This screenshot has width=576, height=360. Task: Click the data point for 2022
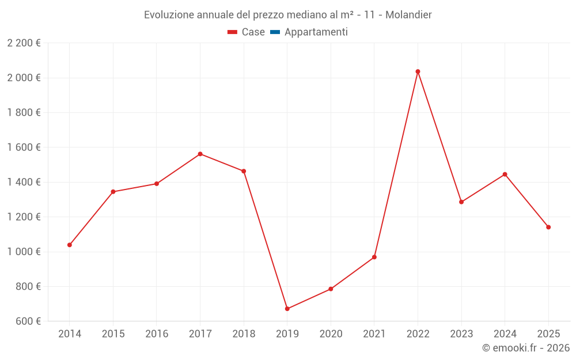(x=418, y=71)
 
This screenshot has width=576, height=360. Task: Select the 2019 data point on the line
(x=287, y=309)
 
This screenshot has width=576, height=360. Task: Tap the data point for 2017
(x=200, y=154)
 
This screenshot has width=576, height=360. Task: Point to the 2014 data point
(x=70, y=245)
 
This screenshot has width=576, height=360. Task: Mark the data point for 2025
(x=548, y=227)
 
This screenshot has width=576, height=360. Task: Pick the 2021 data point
(x=374, y=257)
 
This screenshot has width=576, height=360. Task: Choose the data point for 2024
(x=505, y=174)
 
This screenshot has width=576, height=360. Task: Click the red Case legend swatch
(x=233, y=32)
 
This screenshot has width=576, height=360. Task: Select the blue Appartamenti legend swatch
(x=275, y=32)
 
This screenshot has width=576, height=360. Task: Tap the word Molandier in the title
(x=408, y=14)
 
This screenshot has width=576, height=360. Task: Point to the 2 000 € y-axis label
(x=24, y=78)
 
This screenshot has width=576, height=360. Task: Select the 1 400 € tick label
(x=24, y=182)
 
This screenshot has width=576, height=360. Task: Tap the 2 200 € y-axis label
(x=24, y=43)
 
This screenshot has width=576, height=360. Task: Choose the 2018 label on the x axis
(x=244, y=334)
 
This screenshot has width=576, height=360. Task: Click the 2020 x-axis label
(x=331, y=334)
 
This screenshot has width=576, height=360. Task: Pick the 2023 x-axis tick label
(x=461, y=334)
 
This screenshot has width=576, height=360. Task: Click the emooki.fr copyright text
(x=526, y=348)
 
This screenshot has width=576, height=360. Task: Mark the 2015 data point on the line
(x=113, y=192)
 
